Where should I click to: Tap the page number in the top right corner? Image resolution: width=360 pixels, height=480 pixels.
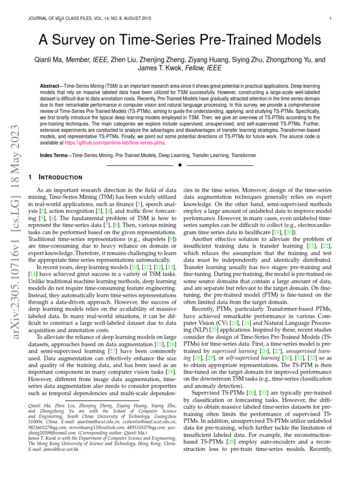coord(330,19)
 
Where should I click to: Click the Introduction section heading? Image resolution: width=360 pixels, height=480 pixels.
coord(60,177)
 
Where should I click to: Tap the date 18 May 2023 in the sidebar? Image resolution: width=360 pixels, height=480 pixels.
coord(14,155)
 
